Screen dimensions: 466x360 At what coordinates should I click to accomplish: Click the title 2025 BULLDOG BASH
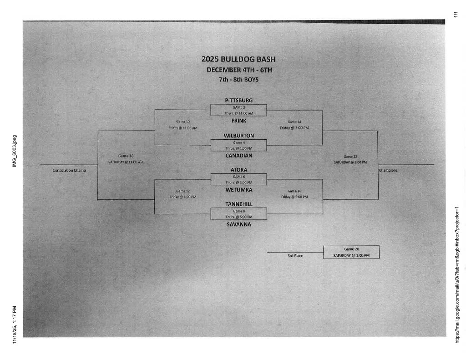point(238,59)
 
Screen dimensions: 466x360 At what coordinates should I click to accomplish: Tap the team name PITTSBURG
point(238,100)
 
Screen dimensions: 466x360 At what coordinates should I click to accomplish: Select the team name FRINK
point(238,121)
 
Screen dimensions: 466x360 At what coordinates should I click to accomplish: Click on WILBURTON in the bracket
point(238,136)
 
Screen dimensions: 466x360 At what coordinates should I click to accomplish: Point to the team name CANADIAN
point(238,156)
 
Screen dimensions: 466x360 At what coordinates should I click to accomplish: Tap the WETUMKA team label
point(238,190)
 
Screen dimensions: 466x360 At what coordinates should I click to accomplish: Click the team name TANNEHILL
point(238,204)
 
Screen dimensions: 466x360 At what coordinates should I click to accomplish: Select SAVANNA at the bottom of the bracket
point(238,224)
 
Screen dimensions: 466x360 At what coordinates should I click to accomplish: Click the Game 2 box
point(238,110)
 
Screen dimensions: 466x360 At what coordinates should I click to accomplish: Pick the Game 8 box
point(238,214)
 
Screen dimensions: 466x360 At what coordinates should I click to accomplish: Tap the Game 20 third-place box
point(351,252)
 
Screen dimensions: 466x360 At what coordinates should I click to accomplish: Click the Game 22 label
point(350,157)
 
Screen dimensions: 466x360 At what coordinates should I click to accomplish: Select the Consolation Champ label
point(69,171)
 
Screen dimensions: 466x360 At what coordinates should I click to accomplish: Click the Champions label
point(388,171)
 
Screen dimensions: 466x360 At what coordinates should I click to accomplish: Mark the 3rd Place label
point(295,256)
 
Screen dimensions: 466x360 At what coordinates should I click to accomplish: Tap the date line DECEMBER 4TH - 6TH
point(239,70)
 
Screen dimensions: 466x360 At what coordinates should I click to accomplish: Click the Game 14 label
point(294,122)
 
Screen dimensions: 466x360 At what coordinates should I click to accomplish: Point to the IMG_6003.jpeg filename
point(14,151)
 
